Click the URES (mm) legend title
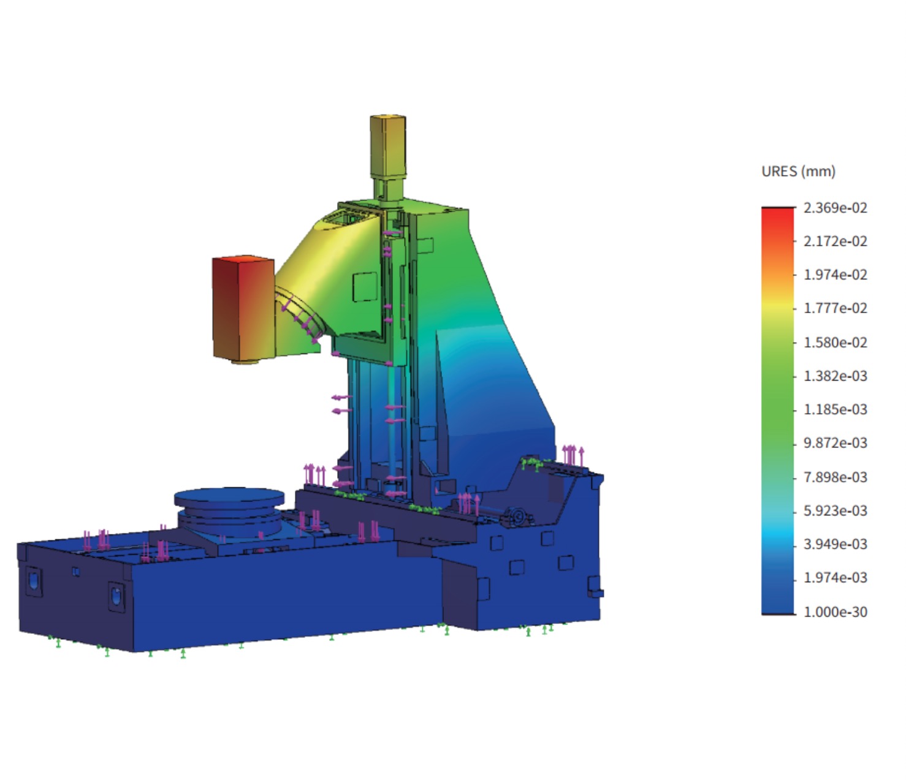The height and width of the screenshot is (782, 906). pos(798,172)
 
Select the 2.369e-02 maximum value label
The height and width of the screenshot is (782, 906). pos(835,208)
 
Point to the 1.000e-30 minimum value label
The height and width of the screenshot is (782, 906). pos(835,612)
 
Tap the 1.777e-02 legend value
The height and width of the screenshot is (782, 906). pos(835,309)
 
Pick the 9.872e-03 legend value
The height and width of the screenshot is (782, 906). pos(835,443)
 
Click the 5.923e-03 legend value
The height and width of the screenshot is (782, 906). pos(835,511)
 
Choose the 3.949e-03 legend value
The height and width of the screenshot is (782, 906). pos(835,544)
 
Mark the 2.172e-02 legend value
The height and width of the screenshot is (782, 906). pos(835,241)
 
